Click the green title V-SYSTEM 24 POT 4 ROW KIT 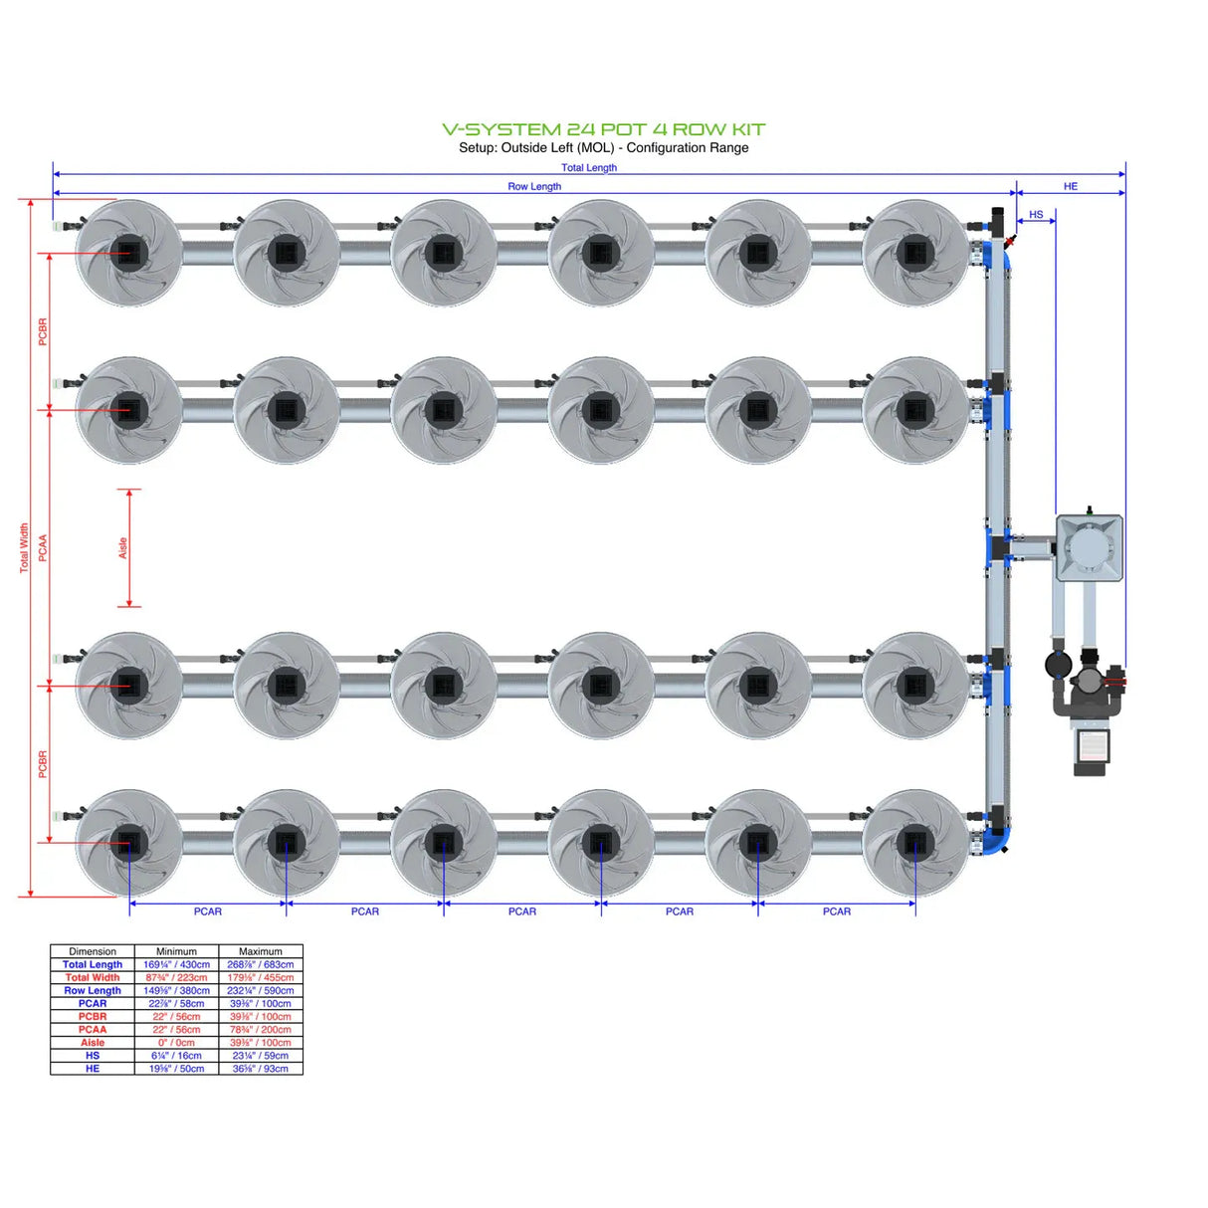603,129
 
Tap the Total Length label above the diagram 588,167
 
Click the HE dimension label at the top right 1070,186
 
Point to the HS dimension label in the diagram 1036,214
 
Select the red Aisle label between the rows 123,547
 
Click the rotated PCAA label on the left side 43,547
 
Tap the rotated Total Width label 25,547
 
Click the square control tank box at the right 1090,547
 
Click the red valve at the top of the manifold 1010,240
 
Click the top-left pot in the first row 128,253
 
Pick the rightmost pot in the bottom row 914,843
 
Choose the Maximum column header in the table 260,951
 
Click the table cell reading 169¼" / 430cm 176,964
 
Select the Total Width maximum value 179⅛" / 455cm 260,977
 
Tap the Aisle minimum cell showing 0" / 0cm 176,1043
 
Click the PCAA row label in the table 93,1030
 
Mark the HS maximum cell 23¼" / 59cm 260,1056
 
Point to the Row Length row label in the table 93,990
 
